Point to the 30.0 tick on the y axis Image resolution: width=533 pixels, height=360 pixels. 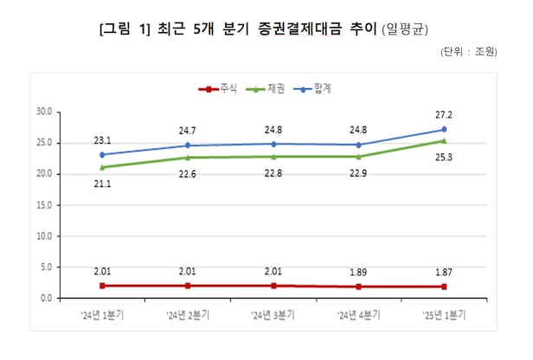44,112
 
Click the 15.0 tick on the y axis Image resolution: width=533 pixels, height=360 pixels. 44,205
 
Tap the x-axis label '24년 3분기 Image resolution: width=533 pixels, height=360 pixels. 273,313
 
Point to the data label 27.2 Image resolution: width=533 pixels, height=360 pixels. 444,115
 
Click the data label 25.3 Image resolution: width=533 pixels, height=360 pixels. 444,157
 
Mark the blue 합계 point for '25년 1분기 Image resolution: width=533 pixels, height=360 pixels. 444,130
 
